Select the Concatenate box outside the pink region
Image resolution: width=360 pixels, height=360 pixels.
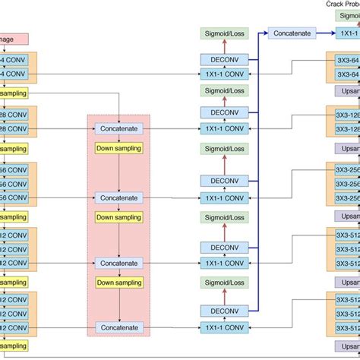(x=291, y=33)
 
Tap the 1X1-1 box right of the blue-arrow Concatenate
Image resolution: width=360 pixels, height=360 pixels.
(x=348, y=33)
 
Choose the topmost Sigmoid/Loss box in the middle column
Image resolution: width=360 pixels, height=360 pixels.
(x=223, y=33)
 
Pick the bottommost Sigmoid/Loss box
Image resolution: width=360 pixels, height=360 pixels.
(x=223, y=283)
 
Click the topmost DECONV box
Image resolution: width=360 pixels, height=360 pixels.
(x=223, y=58)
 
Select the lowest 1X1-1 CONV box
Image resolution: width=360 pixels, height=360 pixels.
(x=223, y=327)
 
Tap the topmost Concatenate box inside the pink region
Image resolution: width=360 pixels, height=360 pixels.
(x=118, y=128)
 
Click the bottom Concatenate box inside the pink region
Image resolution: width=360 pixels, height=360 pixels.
(x=118, y=327)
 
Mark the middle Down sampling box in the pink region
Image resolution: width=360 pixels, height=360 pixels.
(x=118, y=217)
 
